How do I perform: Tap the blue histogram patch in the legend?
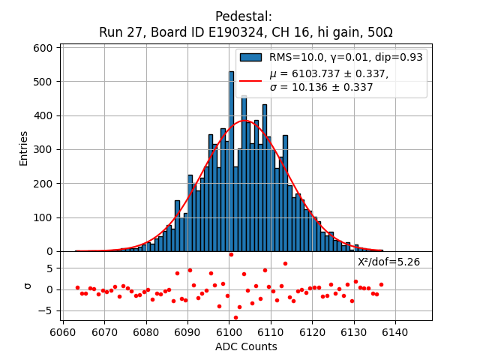pyautogui.click(x=250, y=57)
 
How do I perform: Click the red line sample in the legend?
pyautogui.click(x=250, y=80)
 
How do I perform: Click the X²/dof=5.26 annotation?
pyautogui.click(x=388, y=262)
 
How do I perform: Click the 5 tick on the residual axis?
pyautogui.click(x=49, y=268)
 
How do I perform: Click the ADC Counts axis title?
pyautogui.click(x=246, y=346)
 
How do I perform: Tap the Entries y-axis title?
pyautogui.click(x=24, y=148)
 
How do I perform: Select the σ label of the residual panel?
pyautogui.click(x=28, y=285)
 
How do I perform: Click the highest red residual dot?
pyautogui.click(x=231, y=254)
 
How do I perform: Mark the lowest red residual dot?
pyautogui.click(x=235, y=317)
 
